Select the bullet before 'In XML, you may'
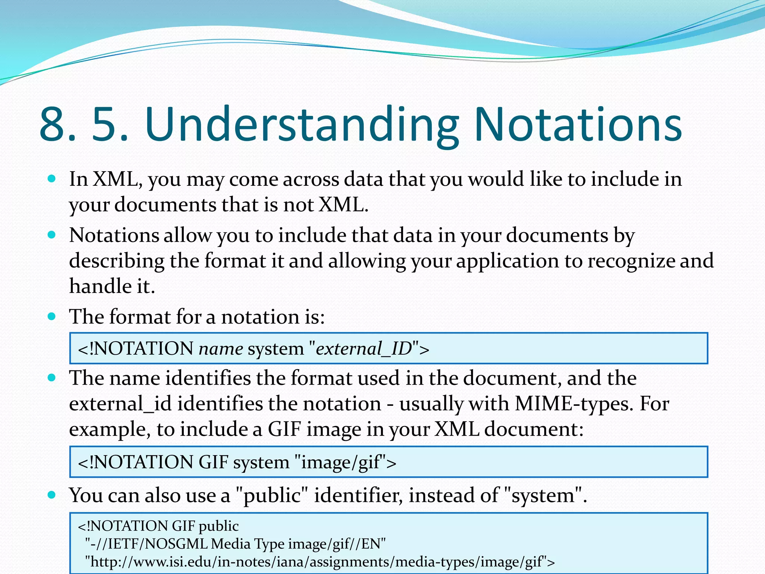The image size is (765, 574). [52, 179]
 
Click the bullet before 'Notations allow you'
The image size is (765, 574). [52, 235]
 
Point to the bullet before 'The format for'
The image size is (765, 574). [52, 317]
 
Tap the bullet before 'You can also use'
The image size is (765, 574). [52, 495]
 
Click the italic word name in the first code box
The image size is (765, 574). [221, 349]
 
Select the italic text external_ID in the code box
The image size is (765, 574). [363, 349]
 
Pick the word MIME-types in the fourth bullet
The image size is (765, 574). [574, 404]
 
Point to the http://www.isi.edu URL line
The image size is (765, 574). [319, 562]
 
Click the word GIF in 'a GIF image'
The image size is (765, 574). [284, 429]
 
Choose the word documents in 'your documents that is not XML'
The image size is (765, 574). [165, 205]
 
